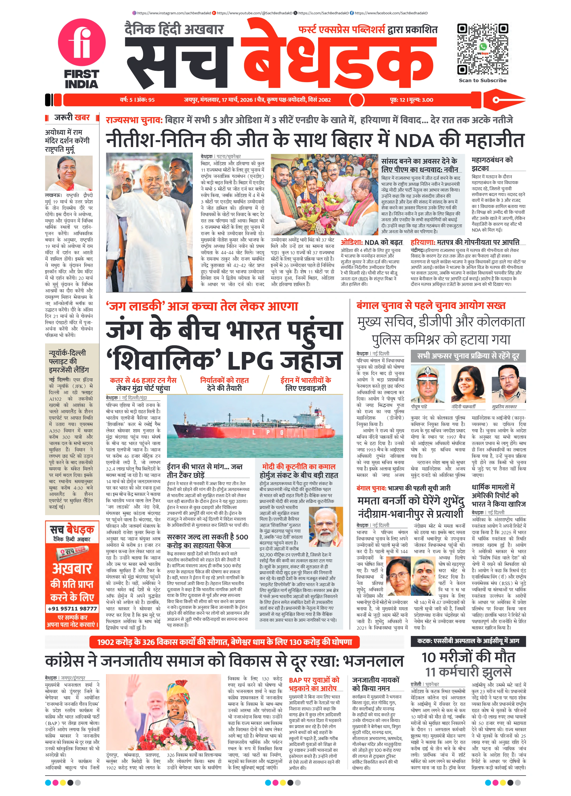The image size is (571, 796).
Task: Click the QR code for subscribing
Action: (482, 49)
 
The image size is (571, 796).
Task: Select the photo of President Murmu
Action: (69, 173)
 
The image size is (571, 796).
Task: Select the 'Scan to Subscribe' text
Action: (482, 80)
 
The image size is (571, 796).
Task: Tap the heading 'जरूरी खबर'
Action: (72, 118)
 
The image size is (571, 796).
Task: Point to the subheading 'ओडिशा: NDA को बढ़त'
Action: (372, 242)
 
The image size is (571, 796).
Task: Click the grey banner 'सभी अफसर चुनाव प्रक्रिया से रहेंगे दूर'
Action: (468, 356)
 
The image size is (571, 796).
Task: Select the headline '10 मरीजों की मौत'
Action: (468, 657)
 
